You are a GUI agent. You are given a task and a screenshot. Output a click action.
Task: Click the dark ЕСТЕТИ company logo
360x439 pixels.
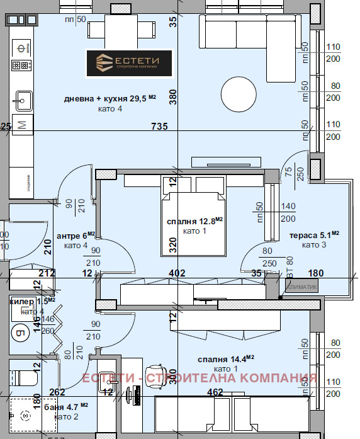tap(130, 63)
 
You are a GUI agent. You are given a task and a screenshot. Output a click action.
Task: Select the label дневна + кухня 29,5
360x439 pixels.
tap(110, 99)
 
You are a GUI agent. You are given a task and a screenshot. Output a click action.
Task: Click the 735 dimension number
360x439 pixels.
tap(160, 127)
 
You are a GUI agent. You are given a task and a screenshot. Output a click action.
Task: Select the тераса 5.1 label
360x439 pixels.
tap(314, 235)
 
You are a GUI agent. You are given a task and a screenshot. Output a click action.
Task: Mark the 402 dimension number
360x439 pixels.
tap(177, 273)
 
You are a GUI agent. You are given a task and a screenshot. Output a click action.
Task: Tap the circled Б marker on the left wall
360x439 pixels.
tap(19, 333)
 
